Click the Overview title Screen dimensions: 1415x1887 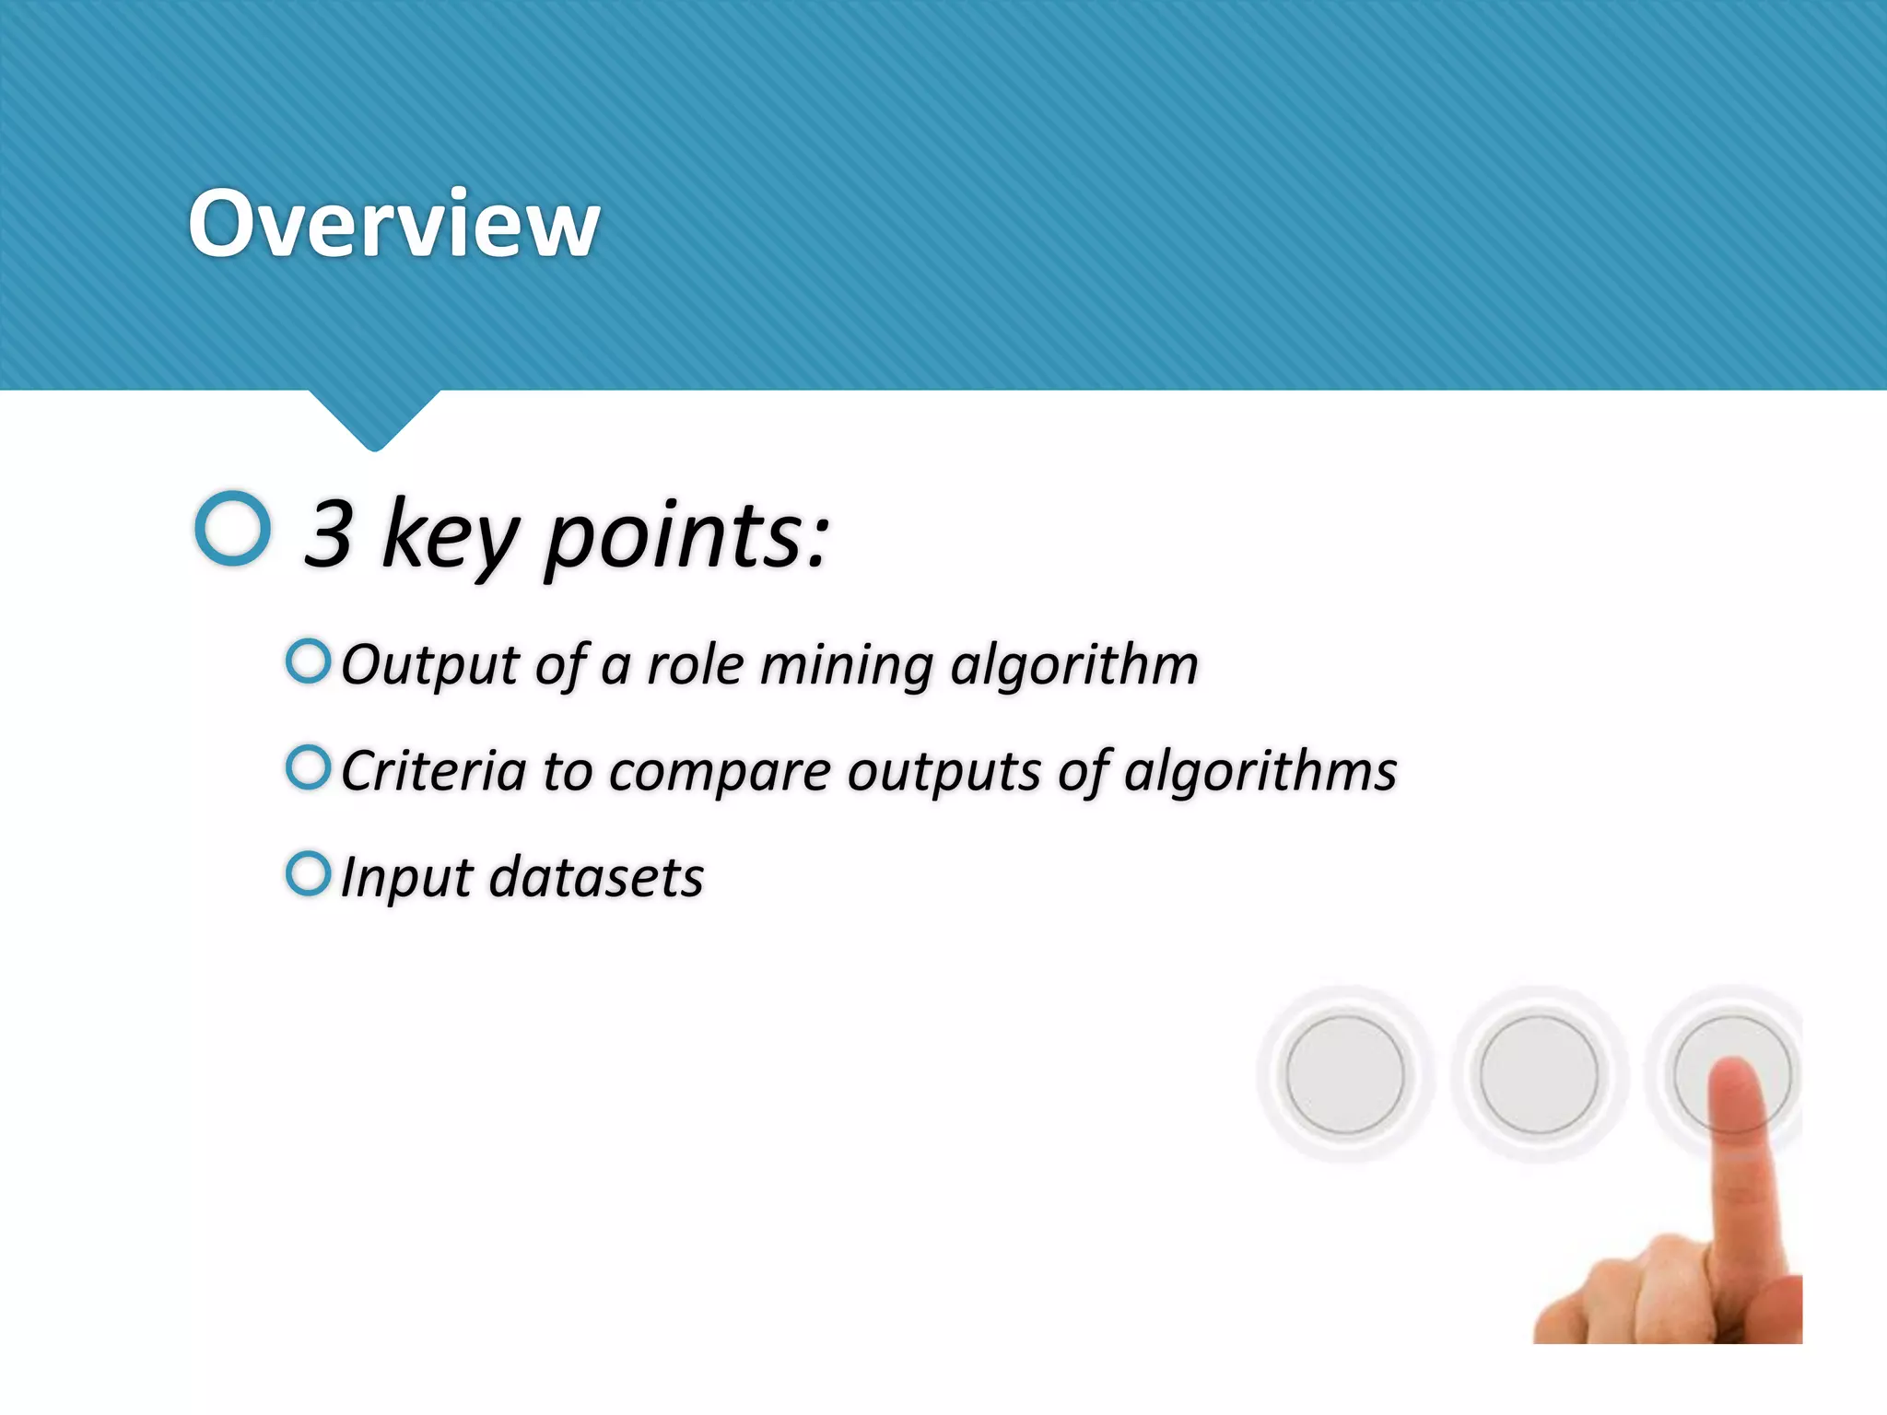393,224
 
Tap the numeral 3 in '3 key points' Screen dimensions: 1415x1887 329,533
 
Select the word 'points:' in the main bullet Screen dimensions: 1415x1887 686,538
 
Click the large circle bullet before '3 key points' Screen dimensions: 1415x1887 233,528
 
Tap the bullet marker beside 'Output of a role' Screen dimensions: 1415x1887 308,661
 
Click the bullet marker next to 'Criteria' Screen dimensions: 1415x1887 308,767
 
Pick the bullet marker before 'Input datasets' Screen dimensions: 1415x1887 308,873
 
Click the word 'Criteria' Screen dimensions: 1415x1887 433,771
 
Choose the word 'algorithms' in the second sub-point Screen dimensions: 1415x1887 1260,772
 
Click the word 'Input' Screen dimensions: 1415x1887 406,878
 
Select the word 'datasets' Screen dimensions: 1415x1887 596,877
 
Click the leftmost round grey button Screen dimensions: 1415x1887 1344,1074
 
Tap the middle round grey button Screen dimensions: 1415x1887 1539,1074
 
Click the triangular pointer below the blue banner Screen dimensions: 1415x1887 374,419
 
